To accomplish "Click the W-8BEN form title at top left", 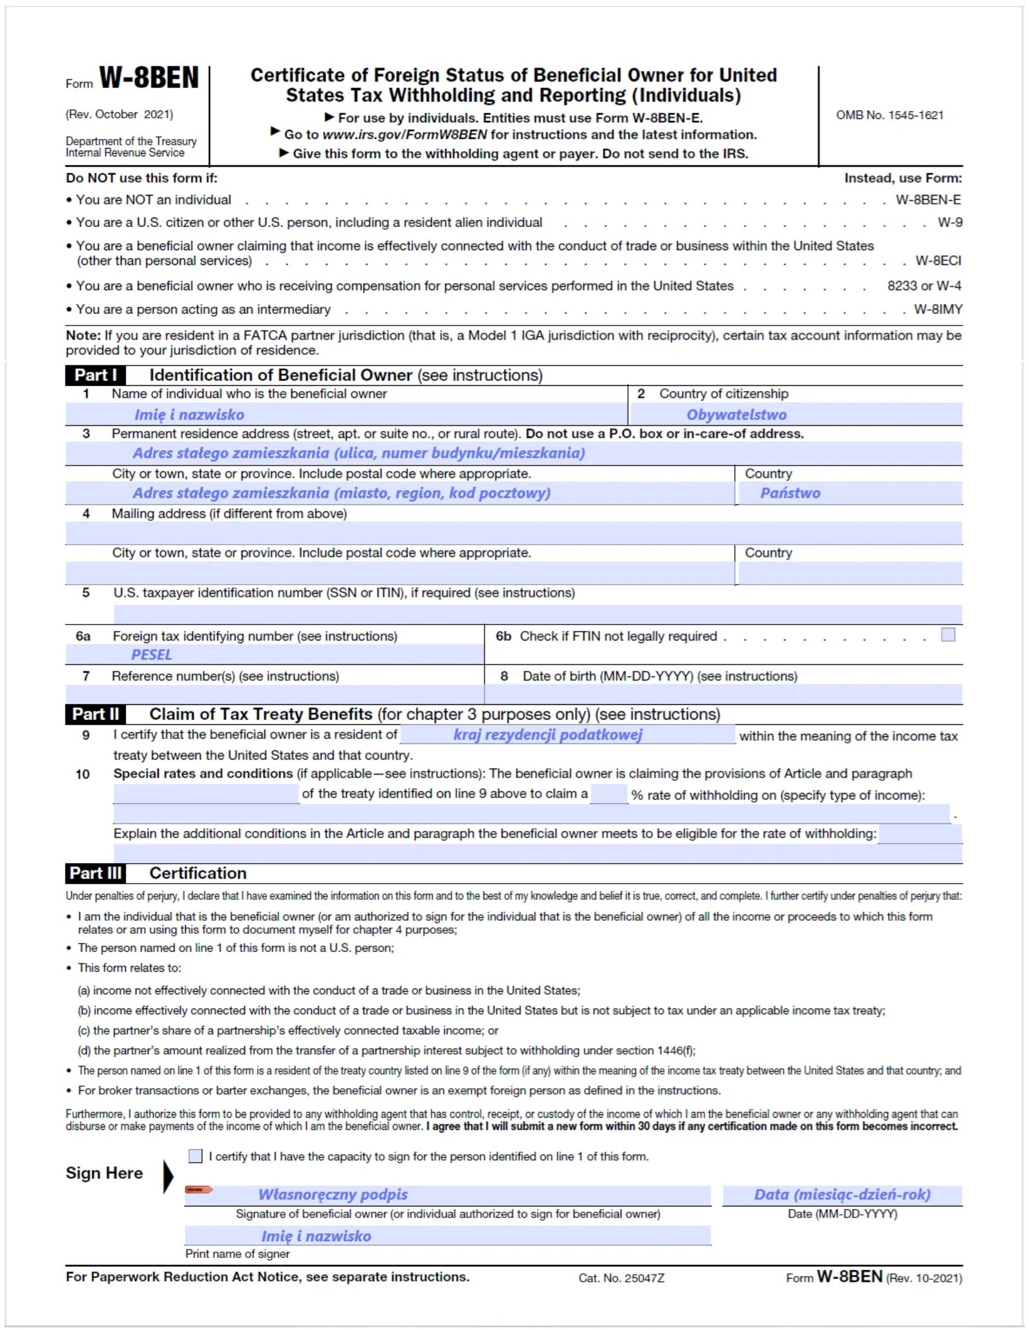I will tap(149, 78).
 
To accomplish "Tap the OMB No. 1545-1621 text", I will tap(889, 115).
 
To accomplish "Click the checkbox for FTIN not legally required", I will tap(947, 635).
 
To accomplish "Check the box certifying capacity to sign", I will tap(196, 1156).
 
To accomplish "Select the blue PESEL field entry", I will tap(152, 655).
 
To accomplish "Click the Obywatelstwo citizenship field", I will tap(736, 415).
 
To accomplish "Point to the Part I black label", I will tap(95, 375).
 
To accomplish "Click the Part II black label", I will tap(95, 714).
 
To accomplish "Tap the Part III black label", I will tap(95, 873).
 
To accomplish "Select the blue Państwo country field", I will tap(790, 493).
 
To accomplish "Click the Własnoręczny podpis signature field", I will tap(333, 1194).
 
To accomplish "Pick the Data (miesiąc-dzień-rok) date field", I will tap(842, 1194).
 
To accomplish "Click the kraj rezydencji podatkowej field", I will tap(548, 734).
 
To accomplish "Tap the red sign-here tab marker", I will tap(198, 1190).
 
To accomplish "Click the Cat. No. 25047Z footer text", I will tap(621, 1278).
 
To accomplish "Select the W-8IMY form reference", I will tap(938, 309).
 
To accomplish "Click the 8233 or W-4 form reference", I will tap(924, 286).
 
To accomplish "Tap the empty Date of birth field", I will tap(723, 694).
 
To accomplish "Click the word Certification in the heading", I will tap(198, 873).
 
